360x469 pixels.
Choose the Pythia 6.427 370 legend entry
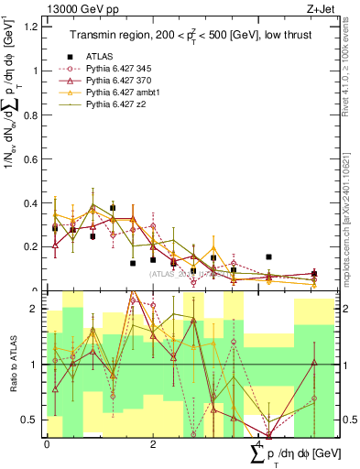point(121,81)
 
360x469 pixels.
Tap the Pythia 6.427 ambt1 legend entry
point(124,93)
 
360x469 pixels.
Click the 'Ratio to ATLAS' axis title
point(12,365)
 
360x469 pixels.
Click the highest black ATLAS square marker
point(113,208)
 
